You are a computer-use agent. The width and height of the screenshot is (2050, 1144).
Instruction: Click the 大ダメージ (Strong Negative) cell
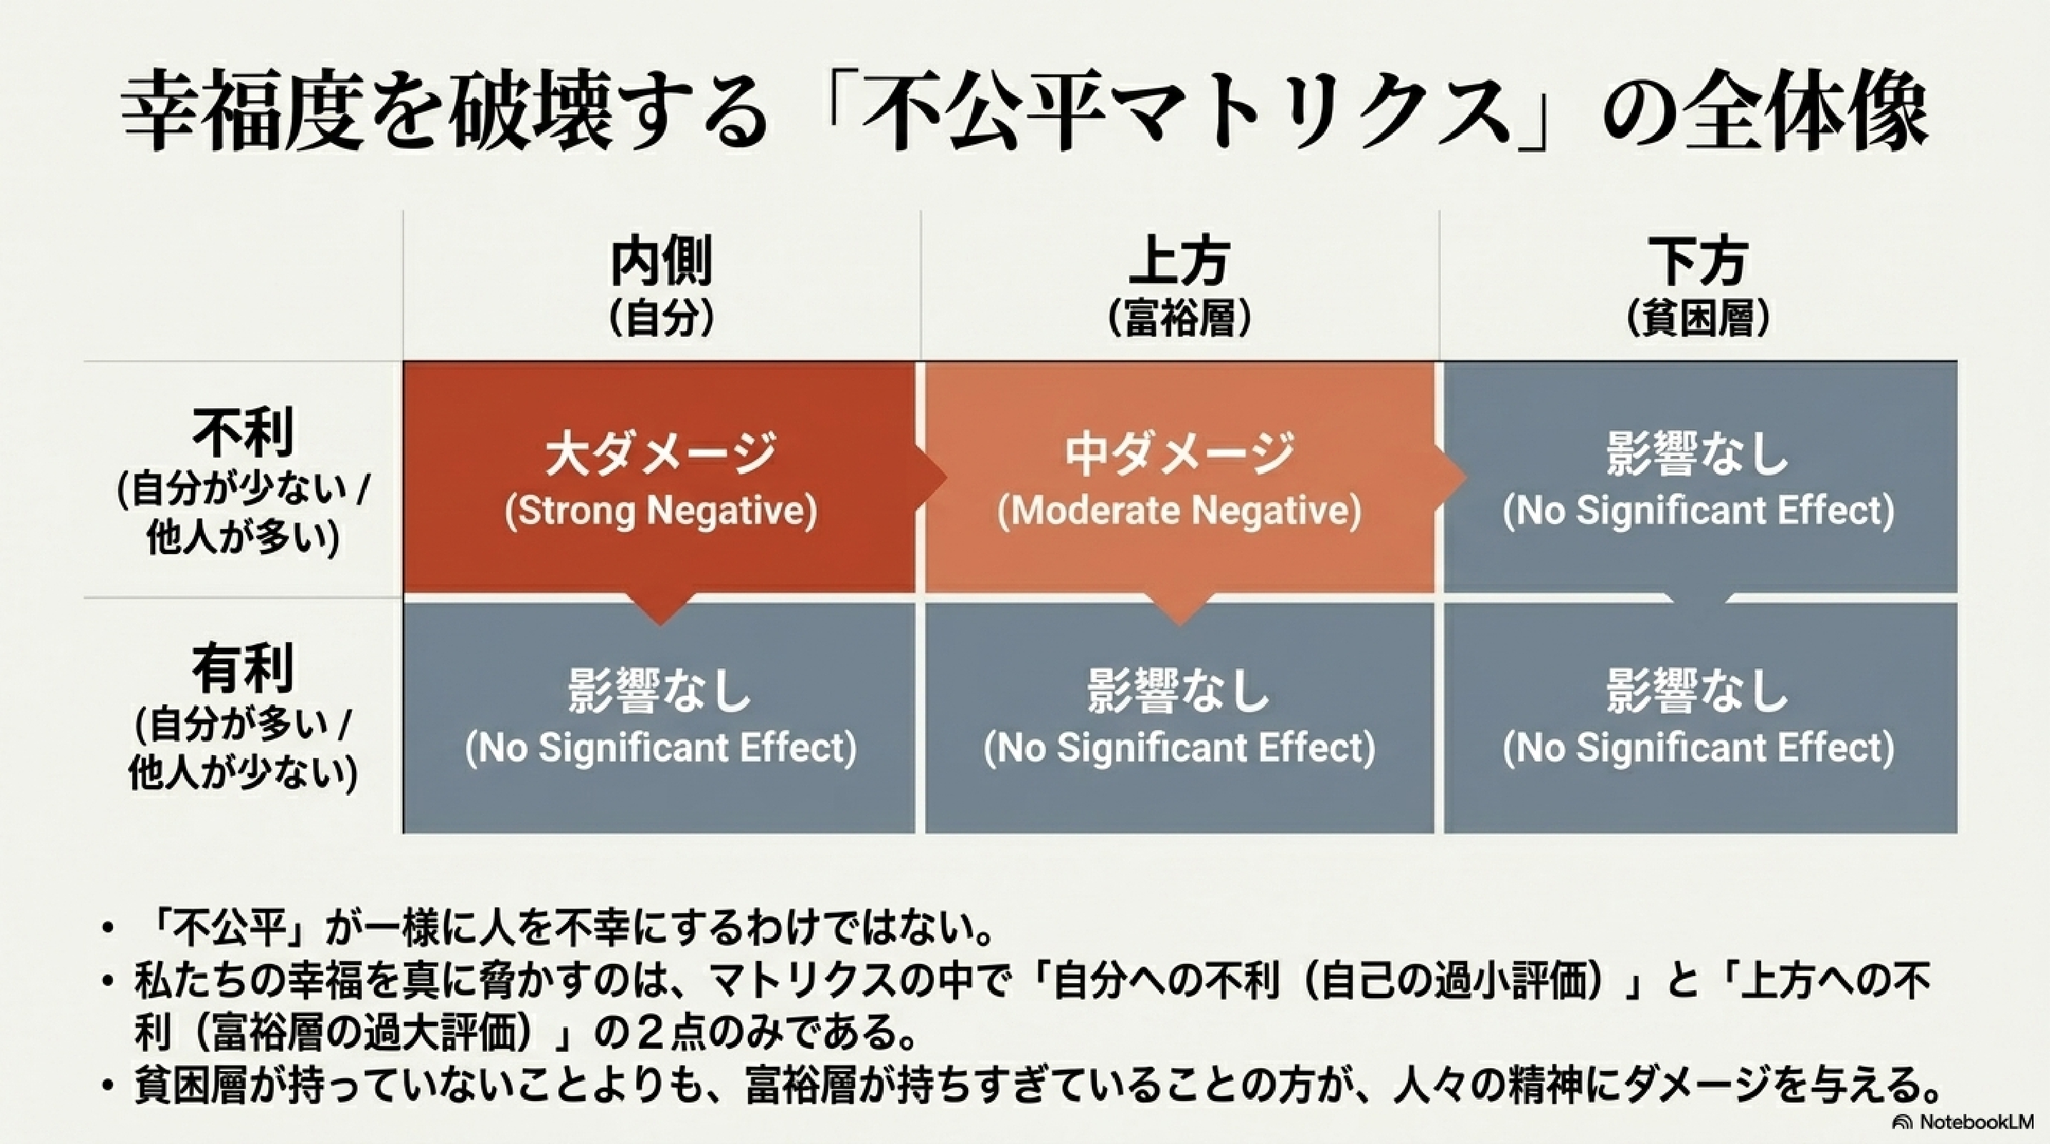660,478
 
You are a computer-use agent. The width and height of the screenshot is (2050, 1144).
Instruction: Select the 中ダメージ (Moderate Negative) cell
1179,478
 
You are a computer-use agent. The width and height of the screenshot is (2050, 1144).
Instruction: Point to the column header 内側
661,261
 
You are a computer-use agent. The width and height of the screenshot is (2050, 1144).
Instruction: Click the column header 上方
1179,261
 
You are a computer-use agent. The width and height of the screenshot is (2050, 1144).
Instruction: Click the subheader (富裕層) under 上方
1179,319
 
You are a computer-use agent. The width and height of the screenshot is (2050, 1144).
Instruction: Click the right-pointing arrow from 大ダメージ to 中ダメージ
931,478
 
